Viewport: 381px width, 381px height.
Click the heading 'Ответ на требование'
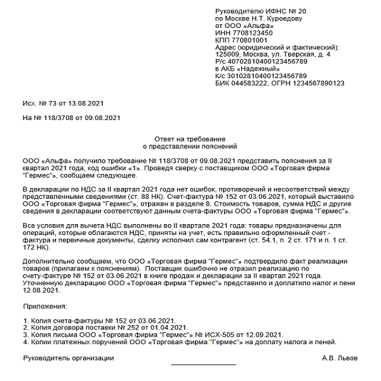pyautogui.click(x=190, y=138)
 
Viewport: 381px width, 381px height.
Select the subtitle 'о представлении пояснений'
pyautogui.click(x=190, y=146)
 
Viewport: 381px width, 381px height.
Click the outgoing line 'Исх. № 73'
pyautogui.click(x=39, y=103)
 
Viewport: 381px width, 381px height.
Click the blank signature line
pyautogui.click(x=203, y=364)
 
